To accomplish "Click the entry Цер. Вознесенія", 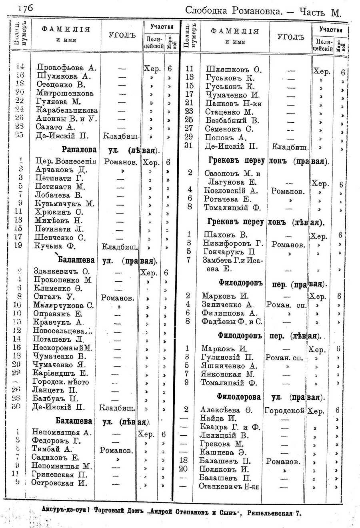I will (x=66, y=161).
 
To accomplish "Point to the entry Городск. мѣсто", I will (x=61, y=382).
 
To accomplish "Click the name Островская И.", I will (x=59, y=483).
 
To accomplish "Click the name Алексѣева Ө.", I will (x=226, y=410).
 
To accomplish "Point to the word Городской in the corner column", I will (x=284, y=410).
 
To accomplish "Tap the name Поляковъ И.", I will (x=224, y=469).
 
